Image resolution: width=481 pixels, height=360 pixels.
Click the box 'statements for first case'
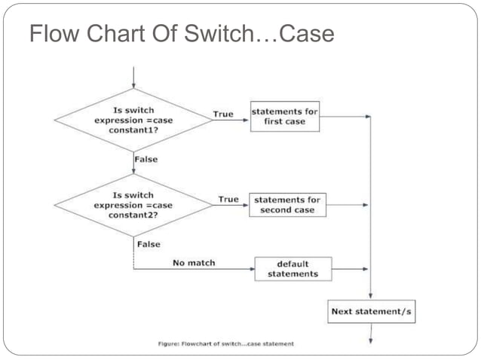tap(284, 117)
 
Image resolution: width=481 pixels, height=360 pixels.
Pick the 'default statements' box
tap(293, 269)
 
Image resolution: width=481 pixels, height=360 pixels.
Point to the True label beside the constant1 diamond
tap(223, 114)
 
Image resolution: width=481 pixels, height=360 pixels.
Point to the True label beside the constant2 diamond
tap(228, 199)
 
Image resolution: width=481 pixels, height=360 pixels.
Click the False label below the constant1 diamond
tap(146, 160)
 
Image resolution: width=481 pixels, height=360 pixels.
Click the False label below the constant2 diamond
tap(149, 244)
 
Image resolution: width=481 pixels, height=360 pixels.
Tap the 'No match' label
tap(194, 263)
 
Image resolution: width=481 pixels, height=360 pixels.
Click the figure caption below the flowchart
tap(226, 343)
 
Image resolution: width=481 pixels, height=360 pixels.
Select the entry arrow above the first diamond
tap(133, 77)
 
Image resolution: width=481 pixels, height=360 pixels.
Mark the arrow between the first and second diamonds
tap(133, 166)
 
